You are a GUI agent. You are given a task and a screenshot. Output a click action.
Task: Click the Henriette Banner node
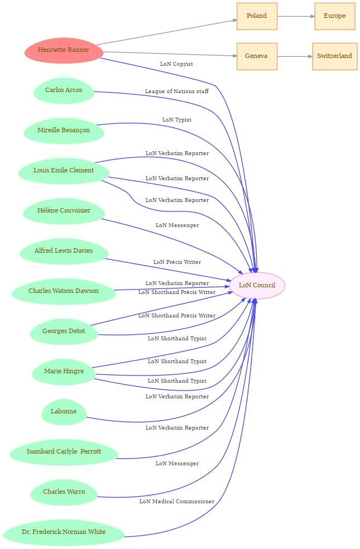click(x=64, y=50)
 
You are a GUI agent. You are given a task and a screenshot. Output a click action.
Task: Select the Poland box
click(x=257, y=16)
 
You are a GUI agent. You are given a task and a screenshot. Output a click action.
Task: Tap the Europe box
click(x=334, y=16)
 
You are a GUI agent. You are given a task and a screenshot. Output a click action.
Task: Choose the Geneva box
click(x=257, y=56)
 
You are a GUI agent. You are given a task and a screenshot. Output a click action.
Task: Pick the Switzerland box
click(x=334, y=56)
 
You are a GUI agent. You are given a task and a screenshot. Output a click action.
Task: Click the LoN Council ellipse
click(x=257, y=286)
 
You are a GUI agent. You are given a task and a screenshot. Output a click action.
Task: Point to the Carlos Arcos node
click(x=64, y=90)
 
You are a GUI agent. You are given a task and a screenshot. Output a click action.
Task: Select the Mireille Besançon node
click(x=64, y=131)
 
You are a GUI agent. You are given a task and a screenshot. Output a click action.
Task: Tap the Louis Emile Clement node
click(x=64, y=171)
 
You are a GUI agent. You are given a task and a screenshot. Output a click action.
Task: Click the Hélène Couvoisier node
click(x=64, y=211)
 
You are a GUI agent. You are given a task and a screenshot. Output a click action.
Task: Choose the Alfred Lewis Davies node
click(x=64, y=251)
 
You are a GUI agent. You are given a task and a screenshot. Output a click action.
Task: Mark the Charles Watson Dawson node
click(x=64, y=291)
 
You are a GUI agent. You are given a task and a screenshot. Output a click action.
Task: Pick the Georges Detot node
click(x=64, y=331)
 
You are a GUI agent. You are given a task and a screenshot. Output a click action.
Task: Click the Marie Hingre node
click(x=64, y=372)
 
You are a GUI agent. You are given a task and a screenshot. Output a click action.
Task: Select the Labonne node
click(x=64, y=412)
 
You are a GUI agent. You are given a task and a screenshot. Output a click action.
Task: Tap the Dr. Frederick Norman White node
click(x=64, y=532)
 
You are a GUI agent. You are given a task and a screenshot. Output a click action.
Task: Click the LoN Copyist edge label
click(x=176, y=64)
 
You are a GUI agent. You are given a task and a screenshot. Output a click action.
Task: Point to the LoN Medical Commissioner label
click(x=177, y=502)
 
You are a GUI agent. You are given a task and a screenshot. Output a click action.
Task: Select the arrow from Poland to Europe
click(x=295, y=16)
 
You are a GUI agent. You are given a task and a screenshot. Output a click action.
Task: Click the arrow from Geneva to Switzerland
click(x=294, y=56)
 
